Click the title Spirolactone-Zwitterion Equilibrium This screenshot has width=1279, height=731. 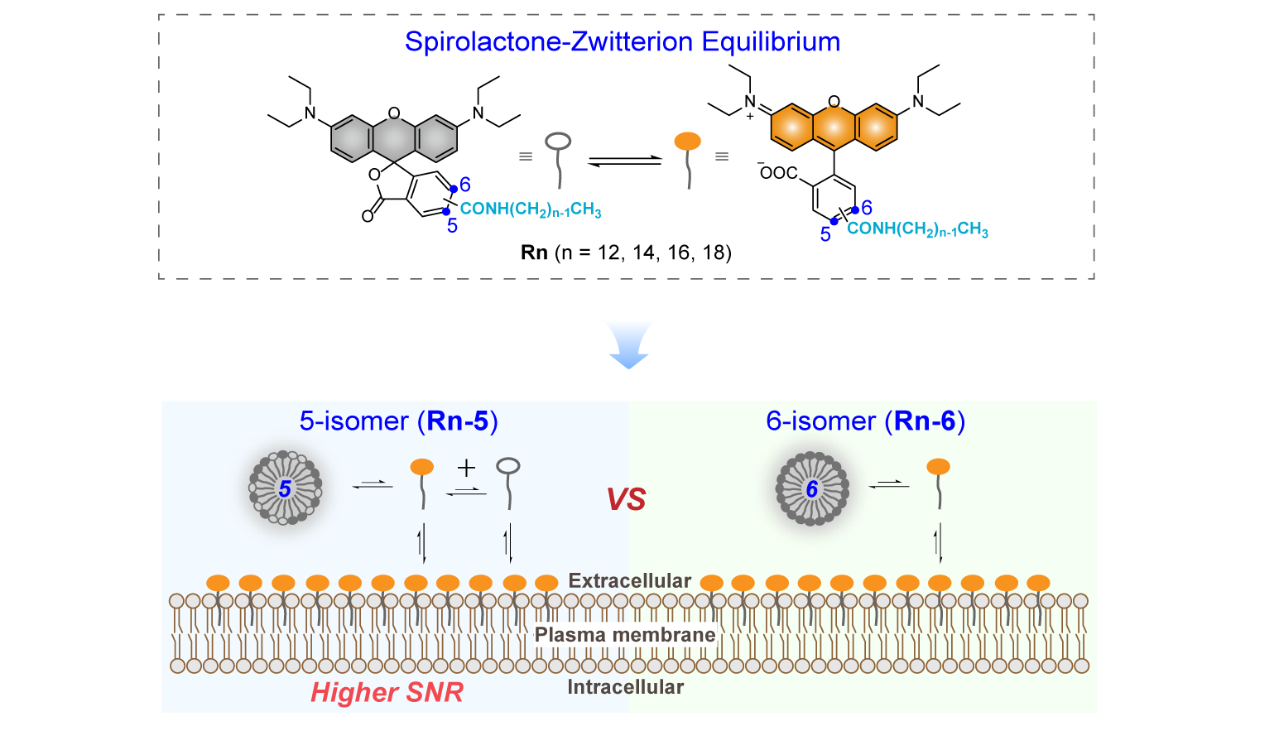click(623, 42)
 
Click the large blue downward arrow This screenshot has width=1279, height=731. click(628, 345)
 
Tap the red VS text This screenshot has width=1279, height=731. click(626, 499)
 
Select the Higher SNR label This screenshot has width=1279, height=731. click(387, 692)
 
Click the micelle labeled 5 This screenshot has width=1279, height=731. click(286, 488)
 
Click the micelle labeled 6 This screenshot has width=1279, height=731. click(812, 488)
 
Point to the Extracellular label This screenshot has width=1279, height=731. click(629, 580)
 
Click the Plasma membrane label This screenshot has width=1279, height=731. click(625, 635)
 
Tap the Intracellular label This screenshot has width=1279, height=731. click(625, 686)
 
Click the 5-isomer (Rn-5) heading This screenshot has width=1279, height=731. click(399, 421)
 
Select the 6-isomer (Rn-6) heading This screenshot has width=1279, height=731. click(865, 421)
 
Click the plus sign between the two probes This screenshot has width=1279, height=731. click(467, 469)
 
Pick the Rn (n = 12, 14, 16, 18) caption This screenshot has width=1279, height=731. click(626, 252)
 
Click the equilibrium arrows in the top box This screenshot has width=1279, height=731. click(625, 161)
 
